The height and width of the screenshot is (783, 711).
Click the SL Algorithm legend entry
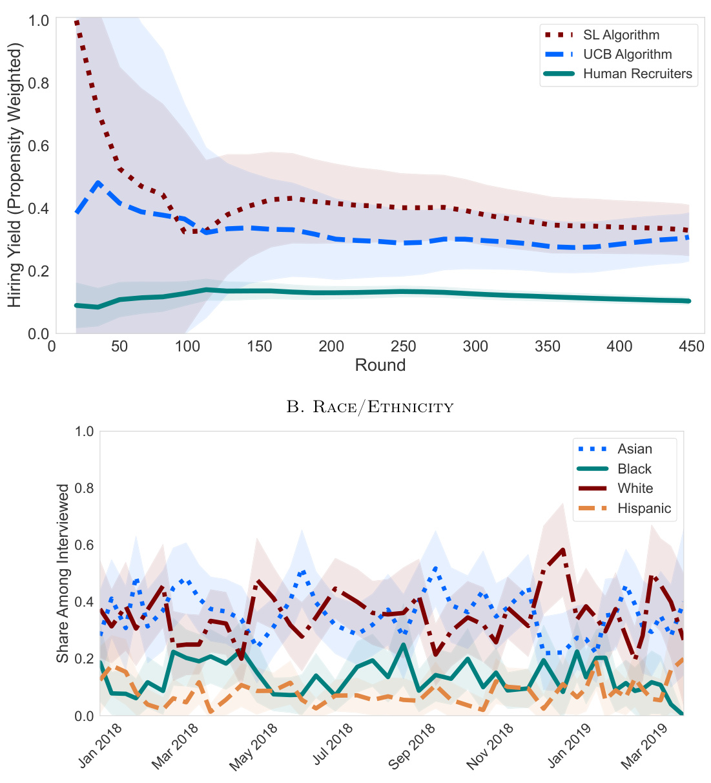(621, 36)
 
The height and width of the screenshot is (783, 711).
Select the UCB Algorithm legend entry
(627, 55)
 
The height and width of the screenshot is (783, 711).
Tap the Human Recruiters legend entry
(637, 74)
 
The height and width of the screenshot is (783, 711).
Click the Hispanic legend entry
(644, 508)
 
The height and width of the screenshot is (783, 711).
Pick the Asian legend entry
(634, 449)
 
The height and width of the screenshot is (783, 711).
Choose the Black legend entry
(634, 469)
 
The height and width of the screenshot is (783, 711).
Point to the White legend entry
(635, 488)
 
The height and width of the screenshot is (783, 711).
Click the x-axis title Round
(380, 365)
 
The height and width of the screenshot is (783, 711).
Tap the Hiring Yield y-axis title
(15, 176)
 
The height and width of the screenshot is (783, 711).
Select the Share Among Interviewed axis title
(63, 573)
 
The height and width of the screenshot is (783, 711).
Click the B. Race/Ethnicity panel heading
(370, 407)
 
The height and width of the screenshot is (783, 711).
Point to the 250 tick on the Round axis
(404, 346)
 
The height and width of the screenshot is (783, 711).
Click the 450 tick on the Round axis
(692, 346)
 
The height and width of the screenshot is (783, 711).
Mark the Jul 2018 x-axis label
(334, 745)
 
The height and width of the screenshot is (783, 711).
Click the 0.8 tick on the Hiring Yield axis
(39, 83)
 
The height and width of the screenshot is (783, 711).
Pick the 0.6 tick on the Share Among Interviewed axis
(85, 545)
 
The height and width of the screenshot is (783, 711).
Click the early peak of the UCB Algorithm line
(98, 183)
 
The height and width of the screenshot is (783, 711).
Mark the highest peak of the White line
(563, 550)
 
